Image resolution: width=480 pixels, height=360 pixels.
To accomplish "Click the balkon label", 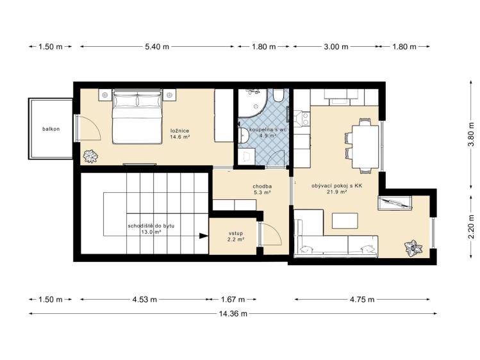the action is [51, 129].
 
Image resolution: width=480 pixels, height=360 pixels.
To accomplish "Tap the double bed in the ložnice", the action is [137, 116].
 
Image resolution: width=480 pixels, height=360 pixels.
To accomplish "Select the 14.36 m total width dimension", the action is [233, 313].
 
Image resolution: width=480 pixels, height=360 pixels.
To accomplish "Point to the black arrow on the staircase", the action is [203, 236].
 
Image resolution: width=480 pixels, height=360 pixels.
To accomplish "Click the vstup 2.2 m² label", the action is [236, 236].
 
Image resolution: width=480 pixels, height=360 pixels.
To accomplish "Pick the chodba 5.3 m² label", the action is [262, 190].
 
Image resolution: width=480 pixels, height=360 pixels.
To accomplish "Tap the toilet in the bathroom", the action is [278, 95].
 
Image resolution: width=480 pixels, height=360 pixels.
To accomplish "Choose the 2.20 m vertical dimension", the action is [471, 226].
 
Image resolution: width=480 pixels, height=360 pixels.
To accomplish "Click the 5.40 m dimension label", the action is [157, 47].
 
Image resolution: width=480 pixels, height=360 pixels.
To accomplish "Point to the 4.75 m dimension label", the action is [362, 299].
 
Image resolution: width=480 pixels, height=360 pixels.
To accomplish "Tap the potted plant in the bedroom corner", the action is [90, 156].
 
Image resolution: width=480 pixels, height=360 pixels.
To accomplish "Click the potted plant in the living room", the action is [413, 248].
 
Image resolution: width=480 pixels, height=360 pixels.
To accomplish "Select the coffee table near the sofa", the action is [345, 220].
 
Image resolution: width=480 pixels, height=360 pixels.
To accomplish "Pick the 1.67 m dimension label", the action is [233, 299].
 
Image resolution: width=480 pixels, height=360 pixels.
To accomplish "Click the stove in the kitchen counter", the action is [302, 119].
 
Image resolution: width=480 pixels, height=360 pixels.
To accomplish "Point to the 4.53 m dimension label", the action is [144, 299].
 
